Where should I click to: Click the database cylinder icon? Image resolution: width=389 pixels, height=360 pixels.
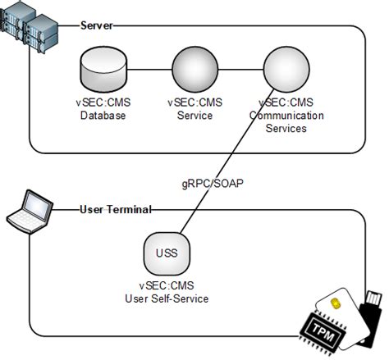[103, 71]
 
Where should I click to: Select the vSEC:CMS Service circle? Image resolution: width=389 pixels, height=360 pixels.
[194, 71]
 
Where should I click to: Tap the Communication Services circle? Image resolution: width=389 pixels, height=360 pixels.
[286, 71]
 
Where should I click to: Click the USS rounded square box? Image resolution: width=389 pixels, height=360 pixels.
[166, 253]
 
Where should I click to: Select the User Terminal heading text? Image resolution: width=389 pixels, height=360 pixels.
[116, 209]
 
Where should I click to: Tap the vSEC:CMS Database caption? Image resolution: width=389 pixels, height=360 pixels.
[103, 110]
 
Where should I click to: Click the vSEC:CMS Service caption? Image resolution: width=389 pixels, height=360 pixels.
[194, 110]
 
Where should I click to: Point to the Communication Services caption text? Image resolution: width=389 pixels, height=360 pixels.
[286, 116]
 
